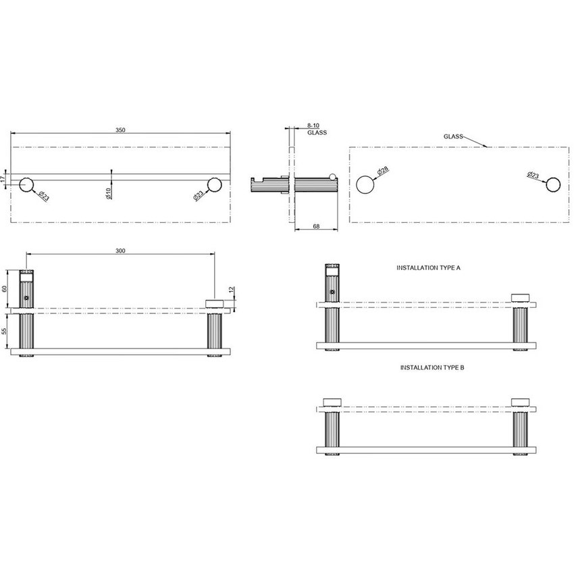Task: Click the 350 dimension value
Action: (120, 130)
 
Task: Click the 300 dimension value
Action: (120, 251)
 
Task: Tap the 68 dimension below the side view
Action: (316, 226)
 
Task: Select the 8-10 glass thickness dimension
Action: (313, 126)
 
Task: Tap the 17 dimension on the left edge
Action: (4, 179)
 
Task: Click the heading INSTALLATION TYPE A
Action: (428, 268)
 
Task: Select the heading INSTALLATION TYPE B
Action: (432, 368)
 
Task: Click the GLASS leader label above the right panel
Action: (452, 136)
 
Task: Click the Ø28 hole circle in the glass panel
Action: (364, 184)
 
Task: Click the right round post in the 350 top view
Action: (215, 184)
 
